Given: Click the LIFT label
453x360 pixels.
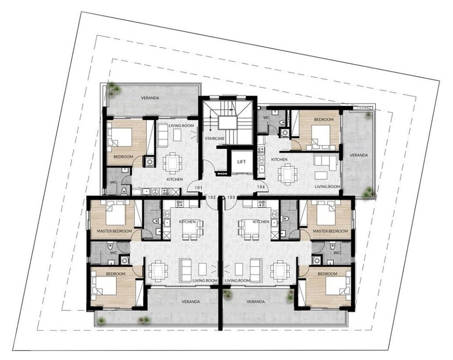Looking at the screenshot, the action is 241,162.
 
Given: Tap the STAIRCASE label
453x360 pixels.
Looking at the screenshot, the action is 215,138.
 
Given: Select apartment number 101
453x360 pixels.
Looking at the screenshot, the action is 198,188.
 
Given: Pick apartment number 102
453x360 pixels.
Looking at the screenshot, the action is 212,198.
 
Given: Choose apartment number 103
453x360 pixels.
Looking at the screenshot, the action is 231,198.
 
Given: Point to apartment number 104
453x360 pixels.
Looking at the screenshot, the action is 261,187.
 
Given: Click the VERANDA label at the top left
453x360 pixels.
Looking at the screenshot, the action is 150,98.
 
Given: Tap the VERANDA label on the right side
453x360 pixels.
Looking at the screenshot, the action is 359,155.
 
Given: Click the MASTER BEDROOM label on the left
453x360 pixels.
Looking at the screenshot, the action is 115,231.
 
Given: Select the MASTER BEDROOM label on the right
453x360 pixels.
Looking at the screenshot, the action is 330,231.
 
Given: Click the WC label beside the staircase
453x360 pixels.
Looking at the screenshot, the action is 267,118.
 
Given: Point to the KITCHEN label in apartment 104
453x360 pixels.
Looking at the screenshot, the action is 279,159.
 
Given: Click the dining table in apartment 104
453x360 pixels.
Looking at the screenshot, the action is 288,174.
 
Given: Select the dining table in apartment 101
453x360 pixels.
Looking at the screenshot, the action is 173,161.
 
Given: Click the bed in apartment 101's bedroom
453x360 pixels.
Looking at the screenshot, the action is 120,137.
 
